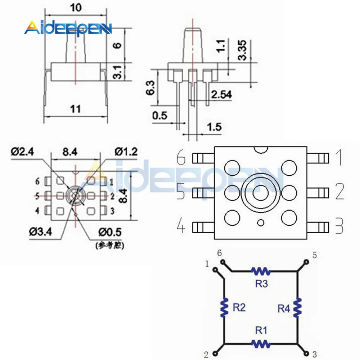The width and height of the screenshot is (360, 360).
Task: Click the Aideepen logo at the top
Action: [68, 28]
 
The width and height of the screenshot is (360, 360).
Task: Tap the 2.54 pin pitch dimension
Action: [221, 95]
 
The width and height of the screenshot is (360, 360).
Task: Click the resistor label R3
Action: [261, 284]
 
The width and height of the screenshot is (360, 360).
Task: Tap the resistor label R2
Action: [239, 307]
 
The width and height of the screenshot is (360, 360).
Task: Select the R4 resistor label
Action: [284, 308]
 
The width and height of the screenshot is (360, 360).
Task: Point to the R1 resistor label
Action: [261, 330]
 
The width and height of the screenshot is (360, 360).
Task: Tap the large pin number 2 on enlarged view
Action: [339, 193]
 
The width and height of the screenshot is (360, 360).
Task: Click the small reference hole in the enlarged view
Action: [260, 223]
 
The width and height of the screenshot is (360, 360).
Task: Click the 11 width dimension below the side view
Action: [76, 109]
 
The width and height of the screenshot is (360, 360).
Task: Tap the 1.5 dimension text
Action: [214, 127]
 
